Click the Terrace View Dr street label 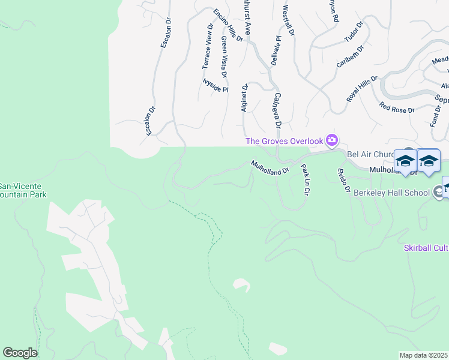click(206, 46)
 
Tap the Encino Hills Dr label click(228, 25)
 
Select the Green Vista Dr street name click(224, 57)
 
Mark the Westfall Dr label click(289, 21)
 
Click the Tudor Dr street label click(354, 33)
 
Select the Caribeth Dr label click(351, 55)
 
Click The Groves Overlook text click(284, 141)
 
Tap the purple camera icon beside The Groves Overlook click(332, 141)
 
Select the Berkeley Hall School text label click(392, 192)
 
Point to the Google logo click(20, 353)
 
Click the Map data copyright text click(423, 355)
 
